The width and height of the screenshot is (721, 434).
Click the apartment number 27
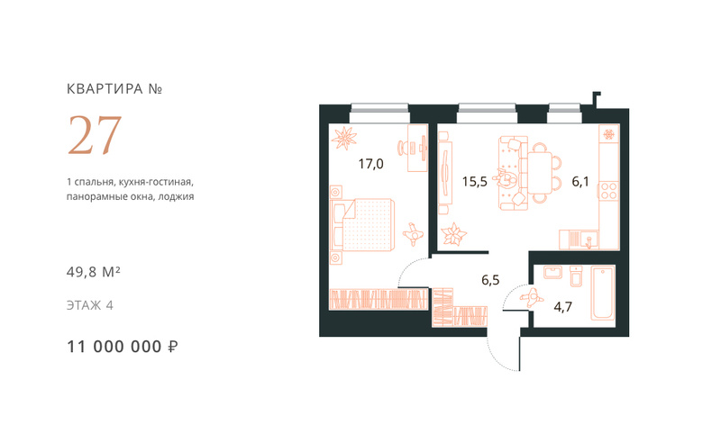(x=95, y=135)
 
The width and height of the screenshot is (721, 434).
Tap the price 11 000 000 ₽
(x=123, y=347)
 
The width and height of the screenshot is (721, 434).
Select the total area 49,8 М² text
(x=94, y=272)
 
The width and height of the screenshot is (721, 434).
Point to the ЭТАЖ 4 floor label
(x=89, y=305)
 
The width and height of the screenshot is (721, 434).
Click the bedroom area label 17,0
(x=370, y=164)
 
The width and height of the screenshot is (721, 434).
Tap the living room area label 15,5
(x=475, y=181)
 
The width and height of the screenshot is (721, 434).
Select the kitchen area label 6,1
(x=580, y=181)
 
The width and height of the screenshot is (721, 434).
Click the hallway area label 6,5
(x=490, y=280)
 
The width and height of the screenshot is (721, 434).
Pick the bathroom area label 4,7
(x=562, y=307)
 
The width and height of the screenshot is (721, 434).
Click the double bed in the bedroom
(x=363, y=225)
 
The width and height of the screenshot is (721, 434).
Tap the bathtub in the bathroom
(x=603, y=293)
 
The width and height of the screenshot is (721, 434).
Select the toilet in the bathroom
(x=576, y=276)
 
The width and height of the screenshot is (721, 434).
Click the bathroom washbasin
(x=552, y=272)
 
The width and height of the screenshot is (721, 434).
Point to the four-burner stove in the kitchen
(x=608, y=191)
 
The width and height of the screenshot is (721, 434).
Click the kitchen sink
(x=589, y=240)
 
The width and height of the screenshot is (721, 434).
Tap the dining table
(x=539, y=173)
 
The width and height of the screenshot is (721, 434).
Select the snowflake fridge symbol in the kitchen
(x=609, y=134)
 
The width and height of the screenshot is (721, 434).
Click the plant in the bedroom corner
(x=344, y=138)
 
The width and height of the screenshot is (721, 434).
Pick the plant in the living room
(x=454, y=235)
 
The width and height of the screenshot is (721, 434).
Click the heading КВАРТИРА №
(x=114, y=88)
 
